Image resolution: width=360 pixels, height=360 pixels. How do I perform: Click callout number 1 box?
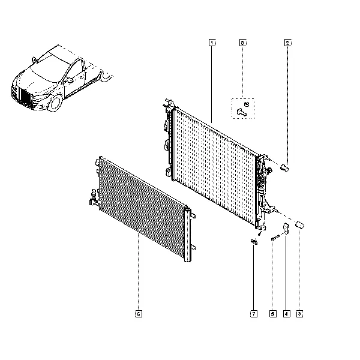click(x=212, y=43)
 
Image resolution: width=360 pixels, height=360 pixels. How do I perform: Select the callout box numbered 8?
click(x=242, y=43)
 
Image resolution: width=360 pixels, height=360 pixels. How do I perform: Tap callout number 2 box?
click(x=287, y=43)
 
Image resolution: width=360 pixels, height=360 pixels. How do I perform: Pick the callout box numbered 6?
click(x=139, y=314)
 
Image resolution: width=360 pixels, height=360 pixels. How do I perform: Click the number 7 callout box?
click(x=254, y=314)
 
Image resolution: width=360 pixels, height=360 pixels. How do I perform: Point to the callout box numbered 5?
click(x=273, y=314)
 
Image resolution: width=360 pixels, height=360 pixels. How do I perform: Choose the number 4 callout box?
click(x=286, y=314)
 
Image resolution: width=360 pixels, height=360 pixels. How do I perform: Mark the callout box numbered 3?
click(x=299, y=314)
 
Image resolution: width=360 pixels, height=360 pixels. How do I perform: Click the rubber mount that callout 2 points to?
click(x=284, y=167)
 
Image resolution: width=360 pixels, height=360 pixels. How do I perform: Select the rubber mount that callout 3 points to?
click(x=299, y=224)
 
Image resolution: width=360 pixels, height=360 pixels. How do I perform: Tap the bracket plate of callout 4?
click(x=286, y=229)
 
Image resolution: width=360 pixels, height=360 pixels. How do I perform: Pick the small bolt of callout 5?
click(x=275, y=238)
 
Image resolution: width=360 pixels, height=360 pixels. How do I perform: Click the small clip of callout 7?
click(x=254, y=242)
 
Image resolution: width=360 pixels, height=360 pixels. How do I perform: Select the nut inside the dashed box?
click(x=247, y=104)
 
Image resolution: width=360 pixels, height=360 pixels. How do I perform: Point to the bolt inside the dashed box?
click(x=242, y=112)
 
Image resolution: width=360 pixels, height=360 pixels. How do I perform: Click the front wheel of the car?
click(x=55, y=103)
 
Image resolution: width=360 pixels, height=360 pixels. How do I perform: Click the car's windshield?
click(x=49, y=68)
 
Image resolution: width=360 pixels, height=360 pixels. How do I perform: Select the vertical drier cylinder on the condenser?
click(x=187, y=234)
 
